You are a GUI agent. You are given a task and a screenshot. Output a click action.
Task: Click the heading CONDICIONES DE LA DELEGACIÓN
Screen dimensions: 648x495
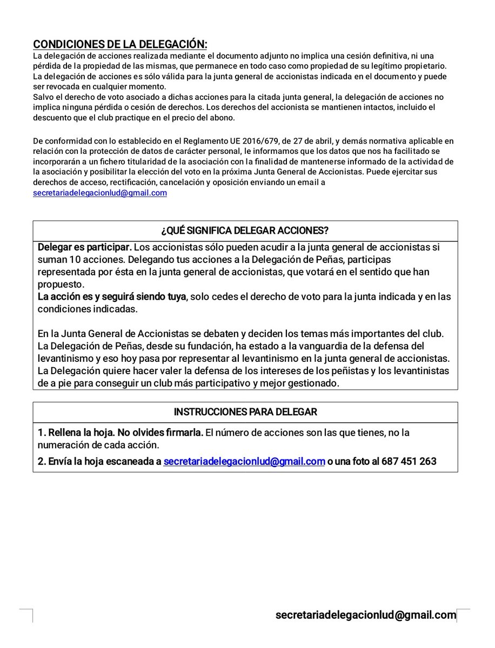[119, 44]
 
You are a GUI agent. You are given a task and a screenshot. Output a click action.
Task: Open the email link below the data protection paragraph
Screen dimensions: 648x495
[100, 193]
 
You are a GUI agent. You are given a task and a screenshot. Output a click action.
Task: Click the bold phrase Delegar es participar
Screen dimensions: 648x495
[84, 247]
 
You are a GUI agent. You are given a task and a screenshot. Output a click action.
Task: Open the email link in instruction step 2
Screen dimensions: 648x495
[244, 462]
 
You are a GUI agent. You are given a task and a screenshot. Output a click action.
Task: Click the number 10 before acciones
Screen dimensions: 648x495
[70, 260]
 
